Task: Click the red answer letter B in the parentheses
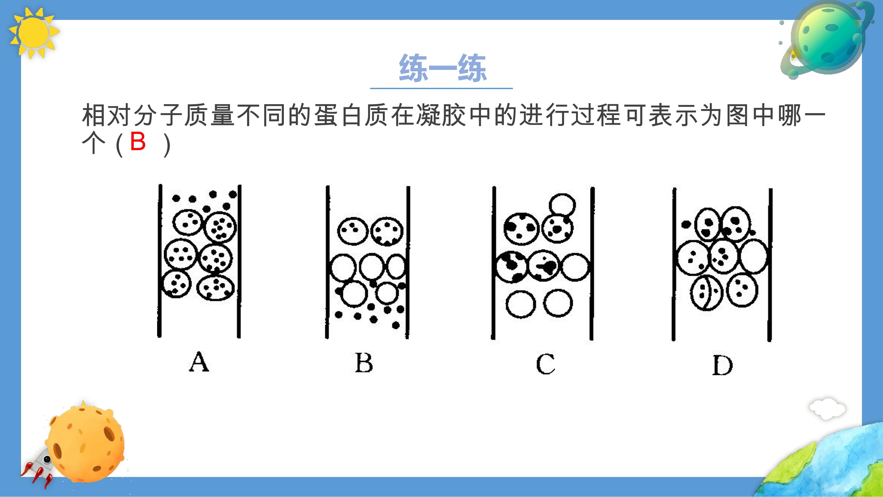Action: (x=138, y=141)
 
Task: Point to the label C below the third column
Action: (x=545, y=364)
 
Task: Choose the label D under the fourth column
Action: (x=722, y=365)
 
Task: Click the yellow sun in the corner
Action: (x=34, y=33)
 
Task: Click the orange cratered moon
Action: (x=86, y=442)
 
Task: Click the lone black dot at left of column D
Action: (x=686, y=225)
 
